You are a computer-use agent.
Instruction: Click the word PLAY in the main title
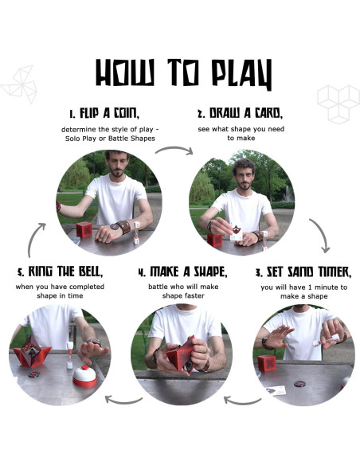pyautogui.click(x=242, y=74)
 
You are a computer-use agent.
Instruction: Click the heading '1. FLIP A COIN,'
pyautogui.click(x=104, y=113)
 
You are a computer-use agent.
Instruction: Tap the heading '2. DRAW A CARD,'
pyautogui.click(x=241, y=113)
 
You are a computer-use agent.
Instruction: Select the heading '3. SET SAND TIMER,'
pyautogui.click(x=303, y=272)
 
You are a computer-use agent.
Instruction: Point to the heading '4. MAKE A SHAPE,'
pyautogui.click(x=183, y=272)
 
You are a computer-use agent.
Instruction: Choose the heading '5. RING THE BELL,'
pyautogui.click(x=61, y=272)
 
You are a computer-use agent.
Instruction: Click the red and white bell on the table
pyautogui.click(x=84, y=376)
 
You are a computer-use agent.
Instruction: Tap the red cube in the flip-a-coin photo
pyautogui.click(x=84, y=229)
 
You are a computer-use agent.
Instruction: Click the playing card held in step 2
pyautogui.click(x=237, y=231)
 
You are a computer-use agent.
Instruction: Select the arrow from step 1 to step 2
pyautogui.click(x=174, y=148)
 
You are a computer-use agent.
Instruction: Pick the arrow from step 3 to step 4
pyautogui.click(x=242, y=401)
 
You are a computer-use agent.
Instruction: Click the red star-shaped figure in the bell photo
pyautogui.click(x=31, y=352)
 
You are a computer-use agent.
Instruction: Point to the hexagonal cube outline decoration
pyautogui.click(x=338, y=104)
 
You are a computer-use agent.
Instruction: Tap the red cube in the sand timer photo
pyautogui.click(x=267, y=363)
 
